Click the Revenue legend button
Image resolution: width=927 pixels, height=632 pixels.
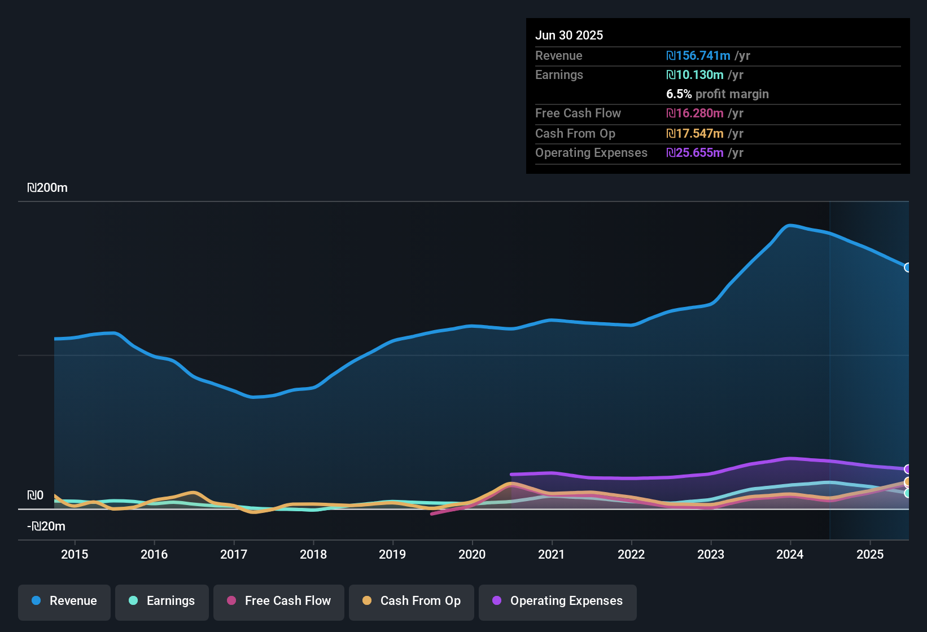click(64, 601)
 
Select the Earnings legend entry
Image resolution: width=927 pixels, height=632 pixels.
click(162, 601)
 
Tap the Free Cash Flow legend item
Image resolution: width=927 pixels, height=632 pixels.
click(279, 601)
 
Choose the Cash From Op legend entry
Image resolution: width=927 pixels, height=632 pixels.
click(412, 601)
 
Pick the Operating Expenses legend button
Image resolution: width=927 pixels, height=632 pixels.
click(558, 601)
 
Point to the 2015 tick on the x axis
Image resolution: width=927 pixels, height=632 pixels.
click(75, 555)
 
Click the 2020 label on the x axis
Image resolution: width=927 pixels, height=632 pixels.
click(472, 555)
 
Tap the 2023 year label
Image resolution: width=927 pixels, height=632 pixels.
click(711, 555)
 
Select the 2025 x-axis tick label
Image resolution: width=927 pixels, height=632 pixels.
click(870, 555)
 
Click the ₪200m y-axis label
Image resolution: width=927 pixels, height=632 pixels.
click(47, 188)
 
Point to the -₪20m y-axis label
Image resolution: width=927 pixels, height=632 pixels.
click(46, 526)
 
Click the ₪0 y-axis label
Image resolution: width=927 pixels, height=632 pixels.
click(35, 495)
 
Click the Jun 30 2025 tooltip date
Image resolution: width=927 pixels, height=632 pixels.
click(569, 36)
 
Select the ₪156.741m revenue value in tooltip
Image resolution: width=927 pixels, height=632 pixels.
click(698, 56)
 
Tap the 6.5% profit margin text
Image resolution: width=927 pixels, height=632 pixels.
click(718, 94)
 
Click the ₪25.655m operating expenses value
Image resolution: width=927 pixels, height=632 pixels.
click(695, 153)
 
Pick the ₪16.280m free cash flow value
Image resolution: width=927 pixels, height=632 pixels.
click(695, 113)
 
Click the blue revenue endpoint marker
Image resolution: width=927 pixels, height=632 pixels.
click(908, 267)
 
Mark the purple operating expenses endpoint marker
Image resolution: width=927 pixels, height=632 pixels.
click(908, 469)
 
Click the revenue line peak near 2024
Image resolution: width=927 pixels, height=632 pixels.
click(790, 226)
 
